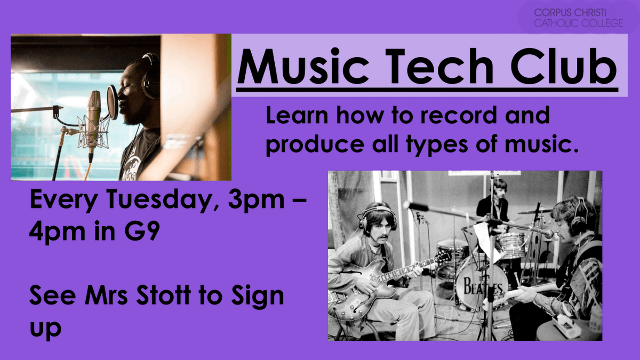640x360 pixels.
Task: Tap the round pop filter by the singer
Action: pos(113,101)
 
